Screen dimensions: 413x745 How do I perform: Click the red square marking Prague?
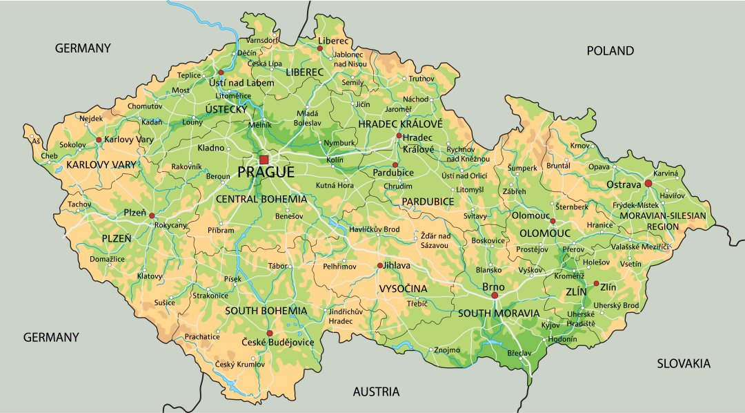264,160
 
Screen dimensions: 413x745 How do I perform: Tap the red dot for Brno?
494,296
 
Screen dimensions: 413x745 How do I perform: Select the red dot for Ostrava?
648,184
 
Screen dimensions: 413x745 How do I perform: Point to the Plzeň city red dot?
152,215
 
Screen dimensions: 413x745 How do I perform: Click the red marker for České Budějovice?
270,333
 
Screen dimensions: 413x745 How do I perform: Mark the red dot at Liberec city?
320,49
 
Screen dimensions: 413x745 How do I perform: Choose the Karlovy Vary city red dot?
99,140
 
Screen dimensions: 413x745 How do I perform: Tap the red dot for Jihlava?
379,265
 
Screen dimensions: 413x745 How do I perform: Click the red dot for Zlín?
596,283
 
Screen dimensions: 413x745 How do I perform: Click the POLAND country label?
610,50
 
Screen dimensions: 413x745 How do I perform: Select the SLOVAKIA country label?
683,363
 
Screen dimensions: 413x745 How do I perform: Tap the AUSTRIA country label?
376,392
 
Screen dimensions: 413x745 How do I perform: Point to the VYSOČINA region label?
403,288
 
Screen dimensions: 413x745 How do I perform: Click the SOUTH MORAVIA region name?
499,313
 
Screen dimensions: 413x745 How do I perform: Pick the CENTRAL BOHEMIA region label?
261,199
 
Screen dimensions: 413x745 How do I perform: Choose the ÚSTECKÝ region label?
226,109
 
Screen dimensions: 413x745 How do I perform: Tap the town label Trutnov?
421,79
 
